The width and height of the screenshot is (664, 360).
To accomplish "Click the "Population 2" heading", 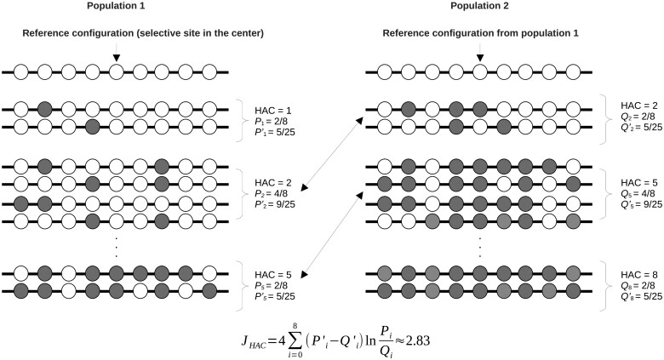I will [x=480, y=6].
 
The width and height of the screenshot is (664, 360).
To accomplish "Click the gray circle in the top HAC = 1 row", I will [x=44, y=110].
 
